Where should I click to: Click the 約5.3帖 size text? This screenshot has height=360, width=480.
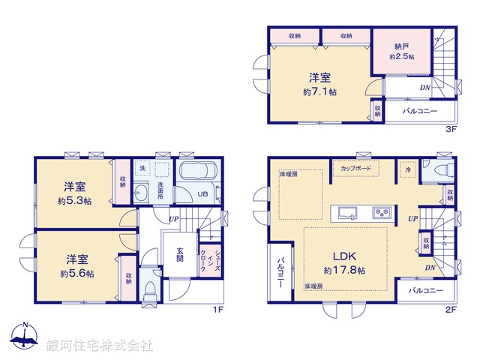[73, 200]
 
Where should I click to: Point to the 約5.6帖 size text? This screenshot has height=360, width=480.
[76, 274]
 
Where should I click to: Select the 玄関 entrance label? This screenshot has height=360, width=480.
[180, 255]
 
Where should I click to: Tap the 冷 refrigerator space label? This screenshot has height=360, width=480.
[408, 169]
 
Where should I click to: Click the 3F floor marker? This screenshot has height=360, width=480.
[452, 129]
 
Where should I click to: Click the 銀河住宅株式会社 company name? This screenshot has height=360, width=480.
[99, 346]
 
